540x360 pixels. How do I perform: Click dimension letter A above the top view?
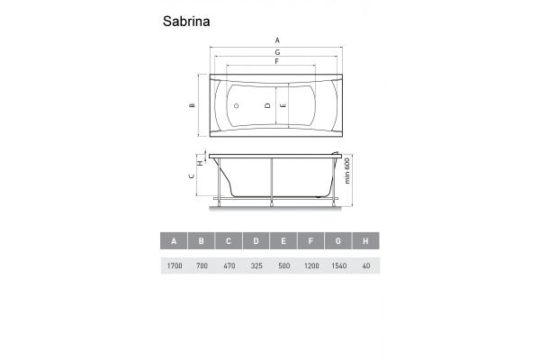point(277,40)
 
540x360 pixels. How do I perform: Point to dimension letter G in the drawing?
point(277,52)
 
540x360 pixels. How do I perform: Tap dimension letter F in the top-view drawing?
point(277,61)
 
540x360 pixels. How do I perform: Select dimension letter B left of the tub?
point(192,105)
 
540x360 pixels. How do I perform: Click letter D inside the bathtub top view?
point(267,105)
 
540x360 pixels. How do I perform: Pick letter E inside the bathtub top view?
point(283,105)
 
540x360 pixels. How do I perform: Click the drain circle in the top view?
point(236,105)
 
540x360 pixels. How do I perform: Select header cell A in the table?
point(174,241)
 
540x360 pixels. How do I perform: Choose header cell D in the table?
point(256,241)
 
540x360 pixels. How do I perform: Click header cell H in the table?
point(364,241)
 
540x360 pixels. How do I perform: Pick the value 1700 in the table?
point(174,266)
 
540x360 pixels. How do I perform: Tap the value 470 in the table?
point(229,266)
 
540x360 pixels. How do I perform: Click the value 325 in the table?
point(256,266)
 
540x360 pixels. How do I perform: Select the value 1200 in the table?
point(310,266)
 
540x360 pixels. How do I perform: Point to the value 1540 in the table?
point(337,266)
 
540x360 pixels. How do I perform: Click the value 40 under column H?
point(364,266)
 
